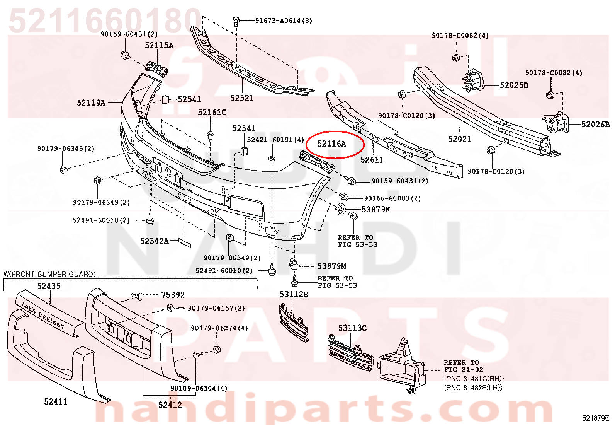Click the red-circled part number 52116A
[x=332, y=143]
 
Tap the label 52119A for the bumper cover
[x=91, y=103]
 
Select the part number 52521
[x=242, y=98]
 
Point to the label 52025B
[x=514, y=85]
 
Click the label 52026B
[x=596, y=124]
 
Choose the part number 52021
[x=460, y=138]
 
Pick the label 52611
[x=372, y=160]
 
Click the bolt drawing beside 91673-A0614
[x=236, y=21]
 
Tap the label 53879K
[x=375, y=210]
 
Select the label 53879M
[x=332, y=266]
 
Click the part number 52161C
[x=212, y=112]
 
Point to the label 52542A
[x=154, y=241]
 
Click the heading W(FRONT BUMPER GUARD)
[x=49, y=274]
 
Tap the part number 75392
[x=173, y=295]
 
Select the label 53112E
[x=294, y=294]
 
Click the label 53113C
[x=352, y=328]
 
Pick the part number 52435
[x=49, y=286]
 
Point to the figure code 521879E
[x=596, y=418]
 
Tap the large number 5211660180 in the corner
[x=105, y=20]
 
